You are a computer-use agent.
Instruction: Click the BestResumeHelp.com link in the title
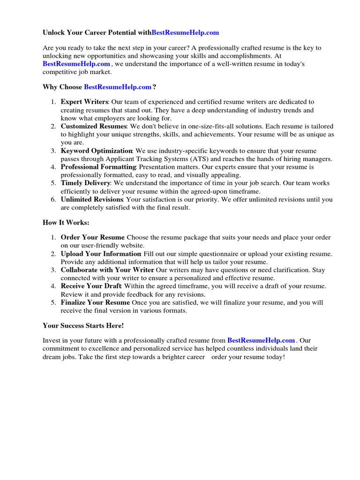coord(185,32)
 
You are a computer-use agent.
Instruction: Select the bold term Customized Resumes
coord(94,126)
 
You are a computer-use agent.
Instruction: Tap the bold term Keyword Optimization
coord(97,150)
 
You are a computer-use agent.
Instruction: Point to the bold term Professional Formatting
coord(98,167)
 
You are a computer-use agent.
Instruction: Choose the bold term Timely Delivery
coord(85,183)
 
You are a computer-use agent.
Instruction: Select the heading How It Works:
coord(66,223)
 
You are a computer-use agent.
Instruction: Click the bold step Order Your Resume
coord(93,237)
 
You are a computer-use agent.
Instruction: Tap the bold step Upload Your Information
coord(101,254)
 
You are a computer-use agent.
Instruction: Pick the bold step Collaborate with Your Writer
coord(107,270)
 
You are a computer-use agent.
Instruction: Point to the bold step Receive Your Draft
coord(91,286)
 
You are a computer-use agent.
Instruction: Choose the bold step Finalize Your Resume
coord(95,302)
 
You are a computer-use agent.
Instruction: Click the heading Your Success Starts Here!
coord(83,325)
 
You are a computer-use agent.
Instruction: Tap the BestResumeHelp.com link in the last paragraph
coord(261,340)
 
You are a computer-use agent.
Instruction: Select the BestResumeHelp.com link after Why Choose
coord(118,87)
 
